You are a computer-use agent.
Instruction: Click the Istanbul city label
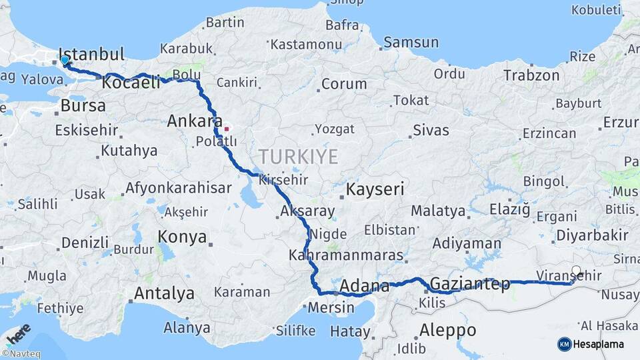92,55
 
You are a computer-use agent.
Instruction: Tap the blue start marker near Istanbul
65,61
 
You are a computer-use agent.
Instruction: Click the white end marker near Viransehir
577,271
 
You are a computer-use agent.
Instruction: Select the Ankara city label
194,121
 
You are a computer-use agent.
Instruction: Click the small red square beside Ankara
227,129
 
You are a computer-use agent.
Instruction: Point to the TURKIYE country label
298,157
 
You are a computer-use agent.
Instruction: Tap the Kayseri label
375,190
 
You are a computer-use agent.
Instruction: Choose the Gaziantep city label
470,284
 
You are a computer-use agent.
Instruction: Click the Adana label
365,287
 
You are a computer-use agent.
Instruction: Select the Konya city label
182,237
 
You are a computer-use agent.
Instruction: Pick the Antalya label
164,293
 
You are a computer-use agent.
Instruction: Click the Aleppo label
448,330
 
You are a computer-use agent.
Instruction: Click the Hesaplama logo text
598,344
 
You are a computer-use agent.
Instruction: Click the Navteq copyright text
21,354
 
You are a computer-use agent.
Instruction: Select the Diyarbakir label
592,235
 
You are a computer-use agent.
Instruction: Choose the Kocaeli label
131,83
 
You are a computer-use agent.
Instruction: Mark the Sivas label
431,130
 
